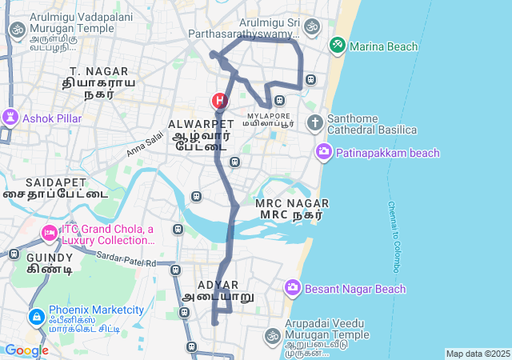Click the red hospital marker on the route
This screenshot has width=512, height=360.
219,102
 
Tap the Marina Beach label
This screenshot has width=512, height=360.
384,46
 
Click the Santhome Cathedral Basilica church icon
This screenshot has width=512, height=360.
315,123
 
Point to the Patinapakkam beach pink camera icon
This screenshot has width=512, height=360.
324,151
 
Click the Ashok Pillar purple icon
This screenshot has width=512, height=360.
10,118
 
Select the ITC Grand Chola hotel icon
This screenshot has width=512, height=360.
50,234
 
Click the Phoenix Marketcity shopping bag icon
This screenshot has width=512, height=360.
36,318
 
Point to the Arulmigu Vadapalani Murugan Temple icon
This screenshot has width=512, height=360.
16,30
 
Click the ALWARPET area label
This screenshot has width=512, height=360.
202,124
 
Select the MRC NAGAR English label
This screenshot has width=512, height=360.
292,203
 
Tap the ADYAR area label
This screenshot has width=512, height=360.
218,285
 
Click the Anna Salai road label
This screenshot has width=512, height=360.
143,145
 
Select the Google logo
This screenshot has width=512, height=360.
26,350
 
